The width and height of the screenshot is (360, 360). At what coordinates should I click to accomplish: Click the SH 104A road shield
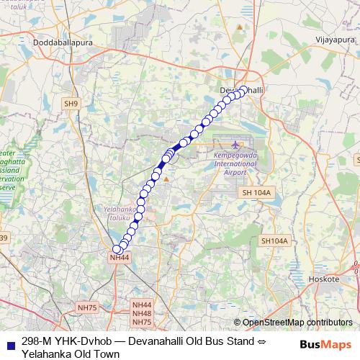click(x=256, y=193)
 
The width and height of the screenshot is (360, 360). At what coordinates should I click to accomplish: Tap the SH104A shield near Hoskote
click(x=274, y=240)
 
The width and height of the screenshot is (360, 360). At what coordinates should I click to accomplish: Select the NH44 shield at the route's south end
click(x=120, y=257)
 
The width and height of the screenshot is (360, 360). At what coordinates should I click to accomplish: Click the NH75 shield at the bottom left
click(x=86, y=307)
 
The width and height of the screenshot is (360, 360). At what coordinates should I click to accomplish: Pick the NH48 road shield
click(x=142, y=313)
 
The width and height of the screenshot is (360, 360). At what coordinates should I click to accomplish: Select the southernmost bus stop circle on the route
click(x=117, y=249)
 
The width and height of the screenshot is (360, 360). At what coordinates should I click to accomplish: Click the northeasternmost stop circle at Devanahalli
click(x=243, y=90)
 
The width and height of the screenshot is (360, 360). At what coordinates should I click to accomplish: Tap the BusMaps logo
click(x=325, y=344)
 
